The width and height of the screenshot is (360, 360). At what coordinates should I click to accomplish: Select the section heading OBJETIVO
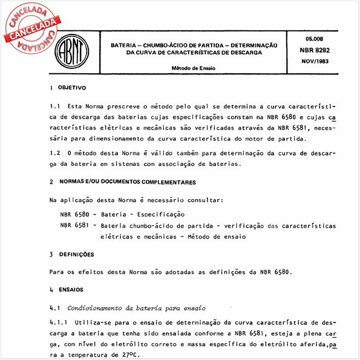(x=73, y=87)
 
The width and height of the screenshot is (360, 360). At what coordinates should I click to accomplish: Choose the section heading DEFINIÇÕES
(x=76, y=254)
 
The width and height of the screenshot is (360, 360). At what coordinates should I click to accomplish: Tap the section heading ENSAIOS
(x=71, y=290)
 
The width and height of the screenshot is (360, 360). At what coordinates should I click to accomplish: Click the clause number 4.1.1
(x=59, y=323)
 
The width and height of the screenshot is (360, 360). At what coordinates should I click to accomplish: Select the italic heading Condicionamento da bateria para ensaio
(x=137, y=307)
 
